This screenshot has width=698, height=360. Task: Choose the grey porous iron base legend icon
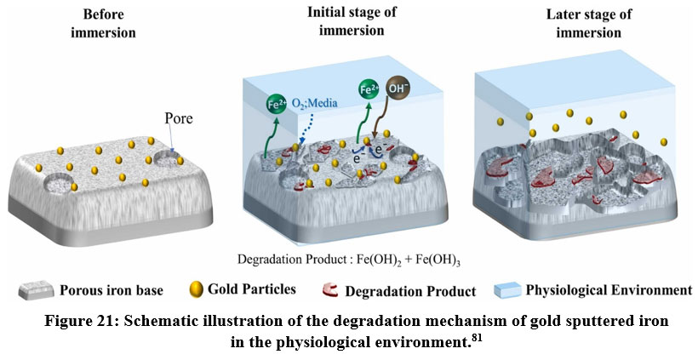31,291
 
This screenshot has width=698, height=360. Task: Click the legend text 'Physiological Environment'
608,290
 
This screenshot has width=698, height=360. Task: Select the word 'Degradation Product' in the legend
410,291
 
